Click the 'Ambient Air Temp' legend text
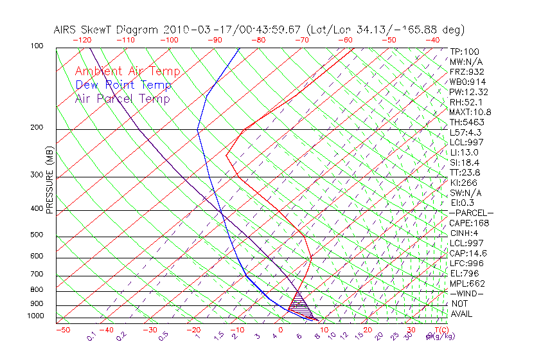[127, 71]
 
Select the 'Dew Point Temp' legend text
[123, 85]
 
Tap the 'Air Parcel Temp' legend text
[122, 98]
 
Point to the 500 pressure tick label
[36, 235]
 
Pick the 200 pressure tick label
[36, 127]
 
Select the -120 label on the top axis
[82, 39]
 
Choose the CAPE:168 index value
[468, 223]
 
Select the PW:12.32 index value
[467, 92]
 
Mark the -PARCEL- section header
[471, 213]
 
